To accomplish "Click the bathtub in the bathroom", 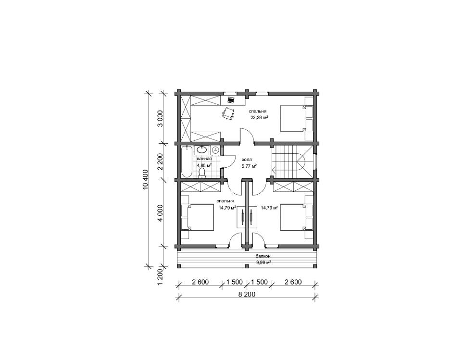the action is coord(186,161).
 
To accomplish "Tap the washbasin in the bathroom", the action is coord(201,149).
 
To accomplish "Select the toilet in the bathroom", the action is coord(201,173).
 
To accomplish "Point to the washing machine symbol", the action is coord(215,149).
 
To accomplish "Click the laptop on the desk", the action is coord(231,100).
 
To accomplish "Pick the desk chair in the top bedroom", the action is coord(228,113).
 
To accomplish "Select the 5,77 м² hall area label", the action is coord(249,166).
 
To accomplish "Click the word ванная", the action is coord(204,159).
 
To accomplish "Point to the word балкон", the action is coord(263,256).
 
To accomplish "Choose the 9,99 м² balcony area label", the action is coord(263,262).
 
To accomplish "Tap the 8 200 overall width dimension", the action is coord(247,294).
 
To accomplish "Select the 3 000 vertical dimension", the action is coord(161,118).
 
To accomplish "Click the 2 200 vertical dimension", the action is coord(161,162).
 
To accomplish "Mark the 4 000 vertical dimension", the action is coord(161,213).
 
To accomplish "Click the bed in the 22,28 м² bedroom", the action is coord(293,118).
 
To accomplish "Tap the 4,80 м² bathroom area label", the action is coord(204,165).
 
